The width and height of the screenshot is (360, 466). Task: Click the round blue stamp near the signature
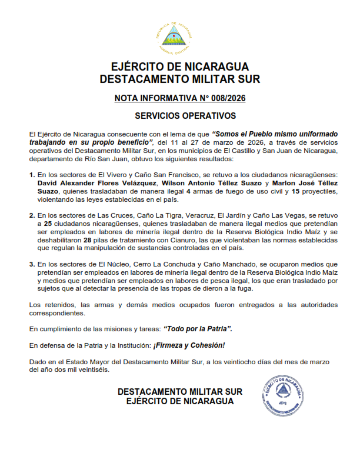[x=284, y=393]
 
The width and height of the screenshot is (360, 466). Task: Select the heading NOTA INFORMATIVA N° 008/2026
[x=179, y=98]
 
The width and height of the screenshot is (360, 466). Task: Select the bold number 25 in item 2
[x=50, y=224]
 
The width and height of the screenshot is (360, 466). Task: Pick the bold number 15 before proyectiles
[x=295, y=192]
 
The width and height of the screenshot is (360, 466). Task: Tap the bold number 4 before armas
[x=188, y=192]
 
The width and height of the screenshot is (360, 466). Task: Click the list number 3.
[x=32, y=265]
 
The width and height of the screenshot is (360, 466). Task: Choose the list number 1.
[x=32, y=175]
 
